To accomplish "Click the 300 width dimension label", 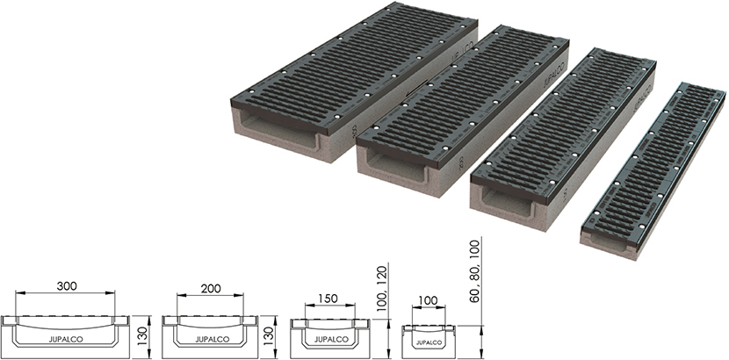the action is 67,285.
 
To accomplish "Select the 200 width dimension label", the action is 211,289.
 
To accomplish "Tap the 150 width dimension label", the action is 329,299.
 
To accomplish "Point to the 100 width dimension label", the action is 428,300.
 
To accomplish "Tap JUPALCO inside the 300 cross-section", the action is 66,340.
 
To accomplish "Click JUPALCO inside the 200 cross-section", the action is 212,340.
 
